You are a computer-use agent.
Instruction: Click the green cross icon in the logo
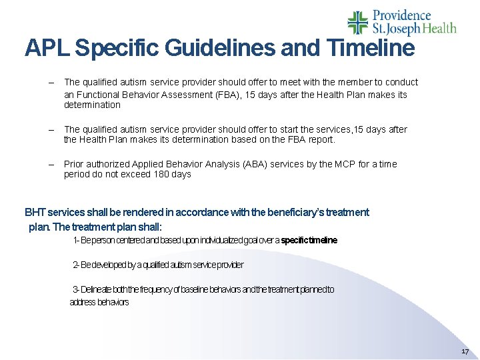358,22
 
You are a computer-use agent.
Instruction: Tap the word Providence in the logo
401,15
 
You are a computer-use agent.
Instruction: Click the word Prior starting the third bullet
74,163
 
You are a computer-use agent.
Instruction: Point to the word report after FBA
321,139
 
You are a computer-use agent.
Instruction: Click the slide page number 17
465,351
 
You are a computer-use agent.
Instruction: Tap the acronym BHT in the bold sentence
34,212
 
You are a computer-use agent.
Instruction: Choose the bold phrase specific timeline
309,240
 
